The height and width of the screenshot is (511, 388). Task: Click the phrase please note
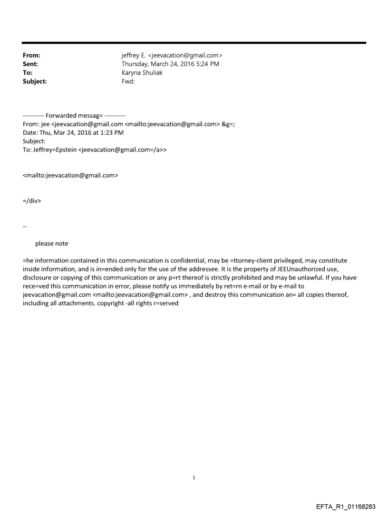click(x=51, y=243)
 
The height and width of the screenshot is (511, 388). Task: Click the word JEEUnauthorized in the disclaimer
click(x=295, y=269)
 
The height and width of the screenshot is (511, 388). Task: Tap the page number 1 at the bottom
click(x=194, y=478)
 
